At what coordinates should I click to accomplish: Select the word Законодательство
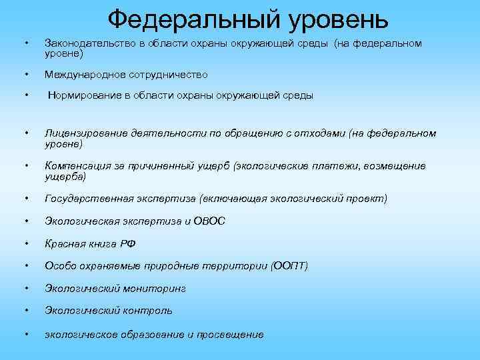click(85, 43)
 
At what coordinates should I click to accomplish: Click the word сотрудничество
click(166, 74)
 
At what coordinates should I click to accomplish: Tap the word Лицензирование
click(83, 133)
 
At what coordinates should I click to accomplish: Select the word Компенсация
click(75, 165)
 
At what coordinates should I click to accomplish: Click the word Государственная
click(83, 199)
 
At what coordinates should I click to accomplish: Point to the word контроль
click(147, 311)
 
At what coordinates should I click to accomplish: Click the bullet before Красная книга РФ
click(25, 244)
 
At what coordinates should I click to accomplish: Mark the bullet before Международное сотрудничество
click(25, 74)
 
